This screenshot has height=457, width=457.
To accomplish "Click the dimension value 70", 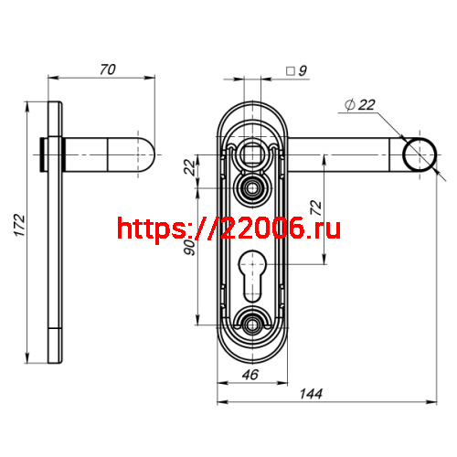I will click(108, 69).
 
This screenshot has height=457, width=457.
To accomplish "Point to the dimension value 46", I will click(250, 374).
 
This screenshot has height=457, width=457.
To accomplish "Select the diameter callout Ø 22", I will click(360, 105).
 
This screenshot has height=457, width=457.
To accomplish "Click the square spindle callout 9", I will click(303, 69).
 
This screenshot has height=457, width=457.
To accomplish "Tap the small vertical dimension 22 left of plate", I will click(190, 166).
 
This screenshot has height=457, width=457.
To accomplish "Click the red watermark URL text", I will click(228, 228).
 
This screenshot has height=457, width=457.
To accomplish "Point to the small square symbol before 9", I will click(290, 69).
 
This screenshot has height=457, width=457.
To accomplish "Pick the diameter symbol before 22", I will click(349, 106).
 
